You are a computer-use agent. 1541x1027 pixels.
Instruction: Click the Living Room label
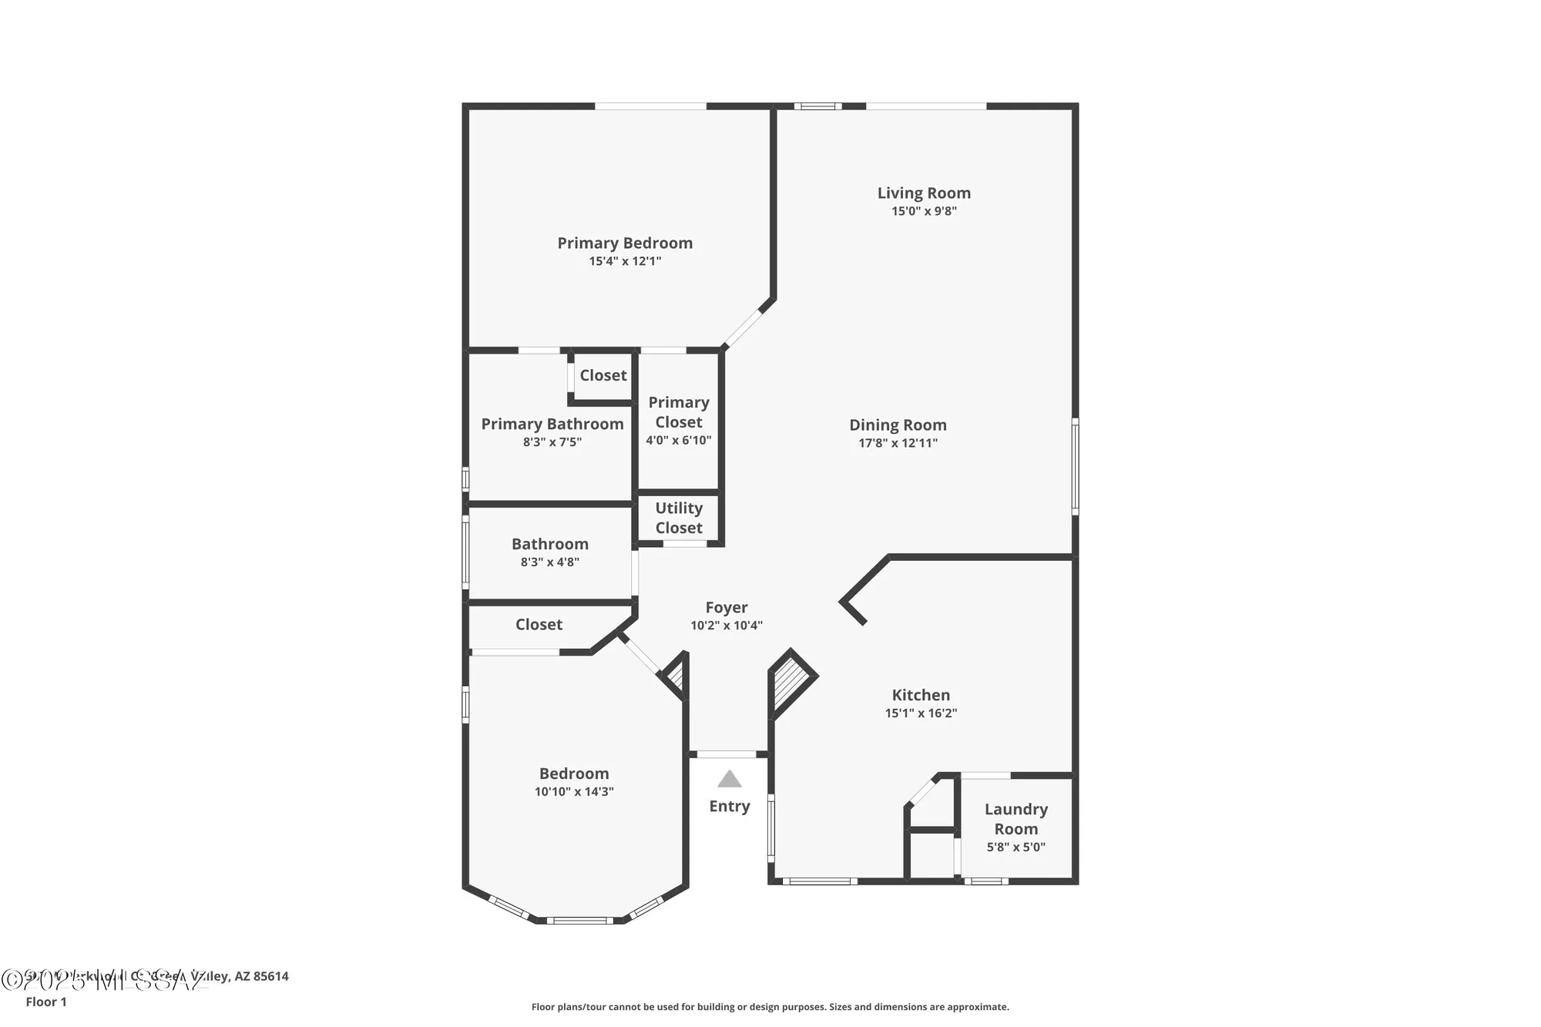tap(924, 193)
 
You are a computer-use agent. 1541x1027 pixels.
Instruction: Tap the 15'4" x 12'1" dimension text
tap(625, 261)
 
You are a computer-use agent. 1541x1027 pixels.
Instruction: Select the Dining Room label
tap(898, 425)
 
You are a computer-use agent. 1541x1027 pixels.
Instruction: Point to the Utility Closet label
tap(679, 518)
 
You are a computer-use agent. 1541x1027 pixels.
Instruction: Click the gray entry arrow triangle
tap(729, 780)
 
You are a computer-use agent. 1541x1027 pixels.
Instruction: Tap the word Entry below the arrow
tap(729, 806)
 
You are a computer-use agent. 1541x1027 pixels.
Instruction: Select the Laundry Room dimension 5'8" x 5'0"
tap(1016, 847)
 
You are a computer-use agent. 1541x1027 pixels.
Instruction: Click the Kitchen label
tap(921, 695)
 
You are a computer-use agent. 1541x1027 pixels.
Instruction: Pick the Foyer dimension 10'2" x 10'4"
tap(726, 626)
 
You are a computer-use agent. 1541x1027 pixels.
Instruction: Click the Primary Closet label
tap(678, 412)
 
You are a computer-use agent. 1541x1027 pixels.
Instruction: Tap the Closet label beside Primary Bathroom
tap(603, 375)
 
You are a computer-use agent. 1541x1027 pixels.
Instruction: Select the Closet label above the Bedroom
tap(539, 625)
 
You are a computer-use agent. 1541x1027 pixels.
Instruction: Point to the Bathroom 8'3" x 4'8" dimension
tap(549, 562)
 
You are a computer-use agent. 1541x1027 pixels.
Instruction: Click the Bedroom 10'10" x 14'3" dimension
tap(574, 792)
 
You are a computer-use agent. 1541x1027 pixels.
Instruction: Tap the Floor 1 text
tap(46, 1002)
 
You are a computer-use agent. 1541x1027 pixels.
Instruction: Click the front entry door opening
tap(727, 754)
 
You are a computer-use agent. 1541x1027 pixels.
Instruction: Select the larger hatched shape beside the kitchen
tap(789, 682)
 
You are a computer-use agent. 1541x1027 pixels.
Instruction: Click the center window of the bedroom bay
tap(579, 920)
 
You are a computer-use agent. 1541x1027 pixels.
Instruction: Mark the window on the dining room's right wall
tap(1075, 466)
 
